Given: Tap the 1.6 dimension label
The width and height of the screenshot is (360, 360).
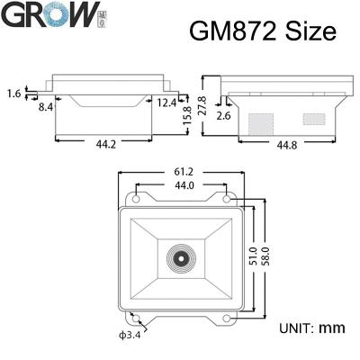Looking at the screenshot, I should (x=13, y=93).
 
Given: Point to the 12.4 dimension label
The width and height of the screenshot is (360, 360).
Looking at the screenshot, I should (x=165, y=103).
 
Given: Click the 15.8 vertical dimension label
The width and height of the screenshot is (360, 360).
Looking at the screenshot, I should (x=187, y=117).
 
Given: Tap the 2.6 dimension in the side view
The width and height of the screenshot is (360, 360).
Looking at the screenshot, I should (x=224, y=116).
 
